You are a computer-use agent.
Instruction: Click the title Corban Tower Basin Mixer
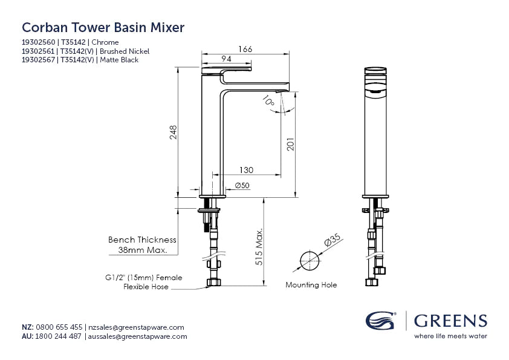click(x=103, y=27)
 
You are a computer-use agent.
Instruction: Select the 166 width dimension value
click(x=245, y=48)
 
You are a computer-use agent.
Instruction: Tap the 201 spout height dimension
click(x=290, y=144)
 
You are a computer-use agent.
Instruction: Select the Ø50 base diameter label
click(x=242, y=185)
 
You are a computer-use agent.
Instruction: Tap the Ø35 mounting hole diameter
click(x=332, y=243)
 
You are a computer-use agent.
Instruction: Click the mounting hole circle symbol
click(x=310, y=260)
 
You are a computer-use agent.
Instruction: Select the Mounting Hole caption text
click(x=311, y=284)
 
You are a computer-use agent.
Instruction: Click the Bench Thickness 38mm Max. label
click(x=142, y=244)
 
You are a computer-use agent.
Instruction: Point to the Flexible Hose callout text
click(x=146, y=287)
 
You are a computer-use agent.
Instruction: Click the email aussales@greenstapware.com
click(x=138, y=336)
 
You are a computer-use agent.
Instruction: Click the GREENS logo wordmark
click(x=451, y=320)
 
